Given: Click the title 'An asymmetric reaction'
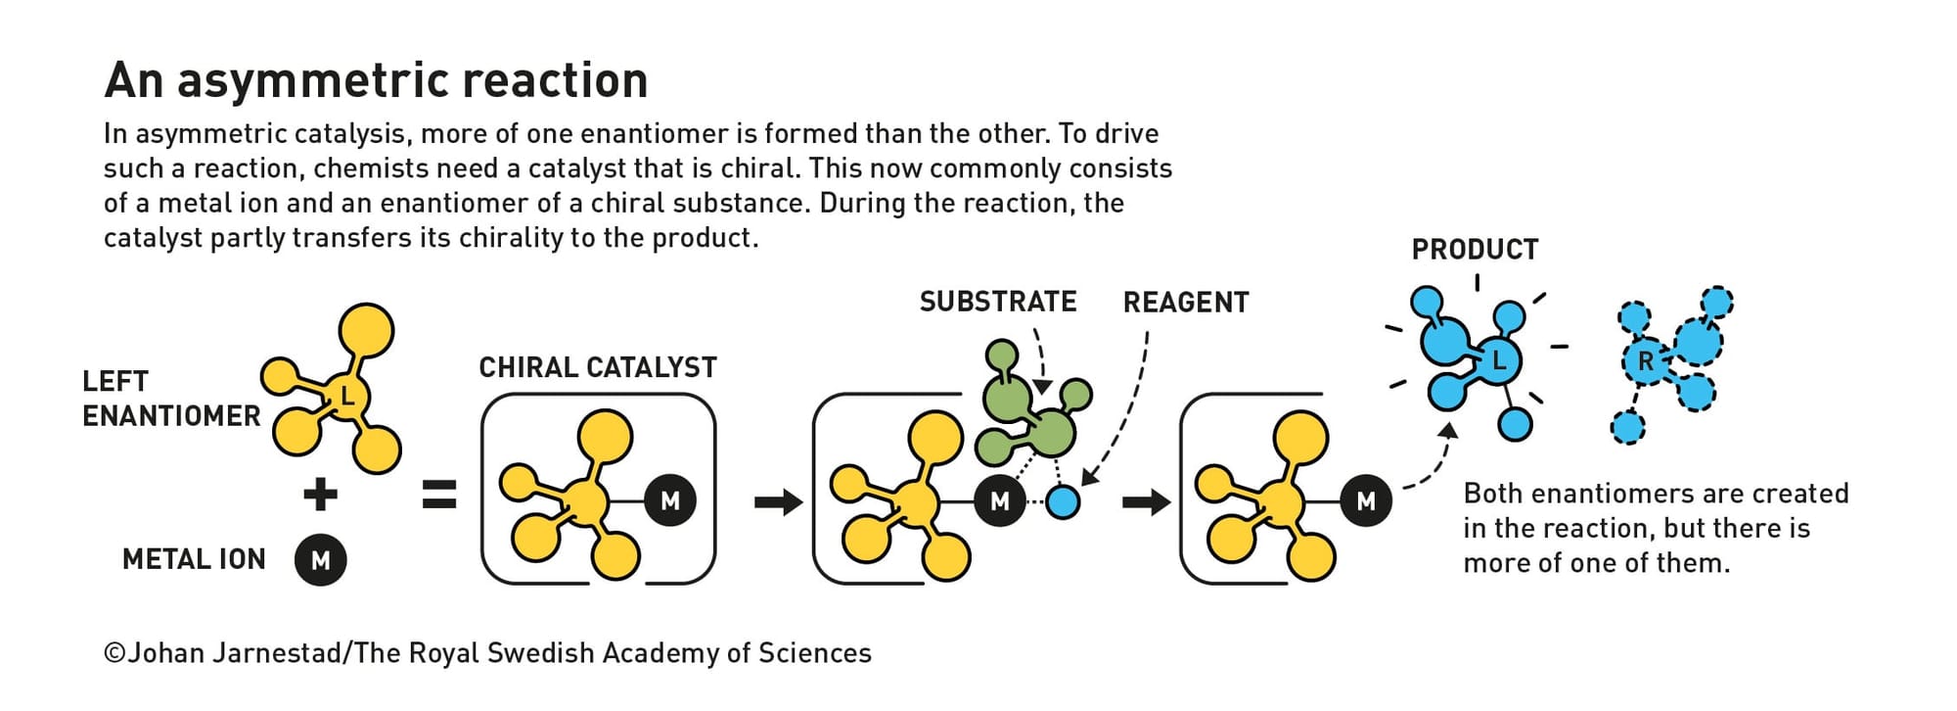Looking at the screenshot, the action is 376,80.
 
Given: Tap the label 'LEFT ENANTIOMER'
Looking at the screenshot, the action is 171,399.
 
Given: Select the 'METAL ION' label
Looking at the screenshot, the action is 194,559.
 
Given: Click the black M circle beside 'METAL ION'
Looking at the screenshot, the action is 321,560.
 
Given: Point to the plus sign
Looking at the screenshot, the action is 321,494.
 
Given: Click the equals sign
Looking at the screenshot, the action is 439,495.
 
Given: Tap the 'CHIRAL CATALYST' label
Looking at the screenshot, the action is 598,367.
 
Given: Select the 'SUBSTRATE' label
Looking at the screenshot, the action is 998,302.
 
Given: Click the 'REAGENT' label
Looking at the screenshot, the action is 1186,303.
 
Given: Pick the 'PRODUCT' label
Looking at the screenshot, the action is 1475,250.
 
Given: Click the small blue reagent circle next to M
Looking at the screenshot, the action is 1063,501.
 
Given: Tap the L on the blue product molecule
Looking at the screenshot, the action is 1499,361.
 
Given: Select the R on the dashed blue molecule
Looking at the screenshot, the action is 1646,361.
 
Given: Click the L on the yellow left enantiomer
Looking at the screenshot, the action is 346,396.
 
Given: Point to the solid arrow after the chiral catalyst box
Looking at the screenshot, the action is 778,502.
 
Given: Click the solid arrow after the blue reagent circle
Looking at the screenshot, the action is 1146,502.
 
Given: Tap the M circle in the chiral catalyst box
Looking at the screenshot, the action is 670,501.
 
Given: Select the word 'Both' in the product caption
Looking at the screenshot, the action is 1493,493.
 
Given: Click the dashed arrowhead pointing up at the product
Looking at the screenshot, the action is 1448,431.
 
